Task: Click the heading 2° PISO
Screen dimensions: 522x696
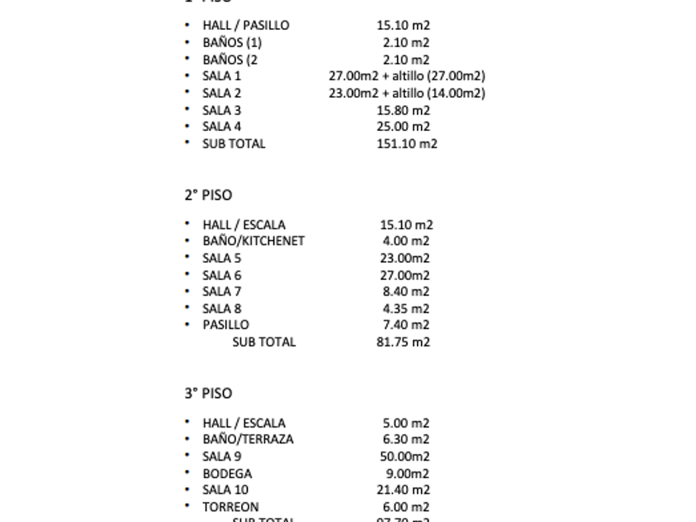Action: pyautogui.click(x=208, y=196)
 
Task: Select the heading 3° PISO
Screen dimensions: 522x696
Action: pyautogui.click(x=208, y=394)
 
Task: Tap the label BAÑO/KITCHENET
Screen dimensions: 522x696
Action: pyautogui.click(x=254, y=241)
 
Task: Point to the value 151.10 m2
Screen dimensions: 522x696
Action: pyautogui.click(x=407, y=143)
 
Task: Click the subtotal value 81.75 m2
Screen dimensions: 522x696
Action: pyautogui.click(x=403, y=341)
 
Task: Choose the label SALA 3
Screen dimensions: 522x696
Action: pyautogui.click(x=222, y=110)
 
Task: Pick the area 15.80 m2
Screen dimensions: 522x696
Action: pyautogui.click(x=404, y=110)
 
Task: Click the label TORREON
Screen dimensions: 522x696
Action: pyautogui.click(x=230, y=507)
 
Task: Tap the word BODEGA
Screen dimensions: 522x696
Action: pyautogui.click(x=227, y=474)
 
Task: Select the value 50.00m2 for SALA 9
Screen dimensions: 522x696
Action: pyautogui.click(x=404, y=457)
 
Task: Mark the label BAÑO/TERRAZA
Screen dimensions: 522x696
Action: pyautogui.click(x=248, y=439)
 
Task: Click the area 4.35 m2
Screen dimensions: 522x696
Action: pyautogui.click(x=406, y=308)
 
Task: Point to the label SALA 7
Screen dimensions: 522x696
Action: pyautogui.click(x=222, y=292)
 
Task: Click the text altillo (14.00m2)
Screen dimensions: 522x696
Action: pyautogui.click(x=439, y=93)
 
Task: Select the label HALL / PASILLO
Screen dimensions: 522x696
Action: pyautogui.click(x=246, y=26)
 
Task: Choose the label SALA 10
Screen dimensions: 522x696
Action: pyautogui.click(x=225, y=490)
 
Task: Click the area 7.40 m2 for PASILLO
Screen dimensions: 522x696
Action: pyautogui.click(x=406, y=325)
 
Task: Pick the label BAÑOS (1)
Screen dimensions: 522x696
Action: pyautogui.click(x=232, y=42)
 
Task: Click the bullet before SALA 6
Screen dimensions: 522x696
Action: pyautogui.click(x=188, y=275)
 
